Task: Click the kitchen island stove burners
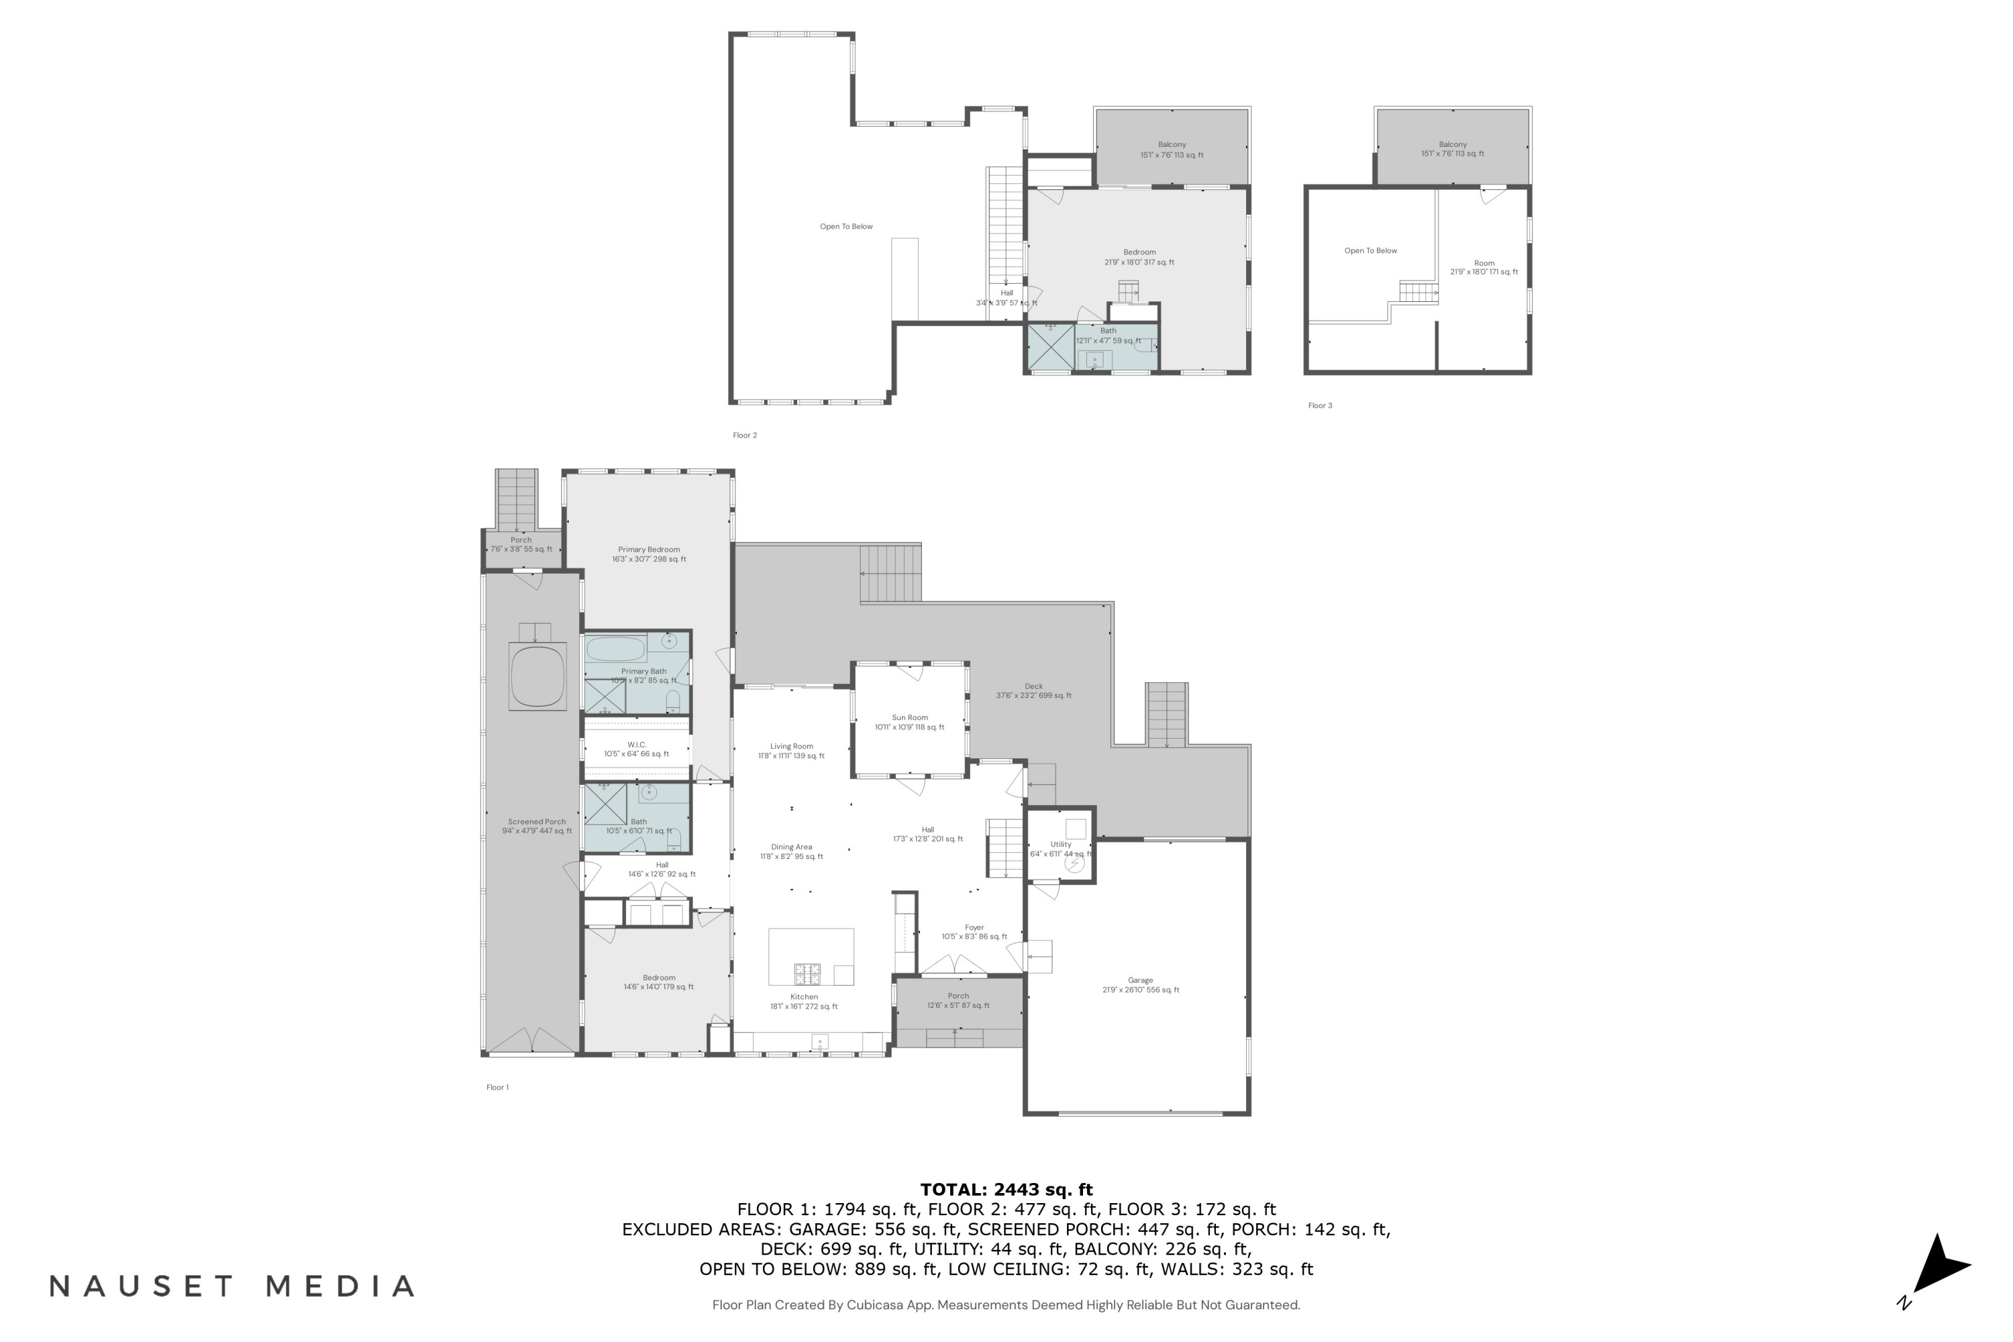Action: pos(807,974)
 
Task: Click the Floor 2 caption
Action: pos(745,435)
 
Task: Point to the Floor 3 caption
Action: pos(1320,406)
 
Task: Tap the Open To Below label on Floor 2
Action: pos(846,227)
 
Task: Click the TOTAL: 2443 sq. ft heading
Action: pos(1006,1189)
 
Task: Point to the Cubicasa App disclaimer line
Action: pos(1006,1305)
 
